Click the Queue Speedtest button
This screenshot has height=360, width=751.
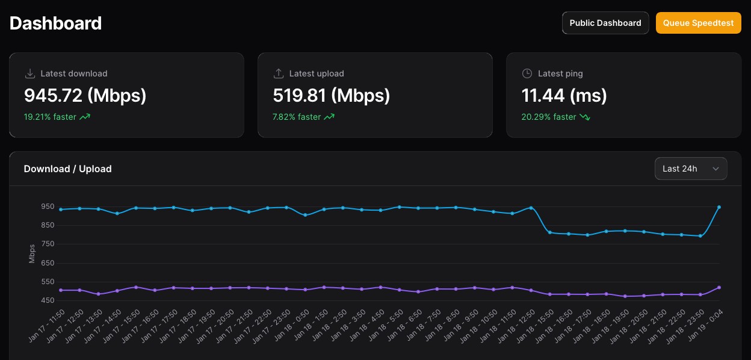click(x=698, y=23)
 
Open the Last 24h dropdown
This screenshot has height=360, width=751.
click(x=690, y=169)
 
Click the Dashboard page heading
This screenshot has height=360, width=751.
click(x=56, y=23)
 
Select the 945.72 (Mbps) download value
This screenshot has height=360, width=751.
click(x=85, y=95)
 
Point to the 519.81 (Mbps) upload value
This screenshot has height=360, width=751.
click(x=332, y=95)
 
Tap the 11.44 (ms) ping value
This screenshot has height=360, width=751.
click(x=564, y=95)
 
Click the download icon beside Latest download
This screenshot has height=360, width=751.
click(x=30, y=73)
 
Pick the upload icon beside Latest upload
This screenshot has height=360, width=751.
click(x=279, y=73)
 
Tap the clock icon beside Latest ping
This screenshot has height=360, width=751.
click(x=527, y=73)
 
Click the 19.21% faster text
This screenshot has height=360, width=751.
click(x=50, y=117)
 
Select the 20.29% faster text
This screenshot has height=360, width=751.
click(x=549, y=117)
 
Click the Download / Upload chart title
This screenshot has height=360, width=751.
click(x=67, y=169)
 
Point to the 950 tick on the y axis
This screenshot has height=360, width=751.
click(x=48, y=206)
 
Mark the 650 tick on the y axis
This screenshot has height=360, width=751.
click(x=48, y=263)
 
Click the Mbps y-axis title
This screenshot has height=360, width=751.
click(x=32, y=253)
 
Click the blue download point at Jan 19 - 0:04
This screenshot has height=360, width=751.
click(x=719, y=207)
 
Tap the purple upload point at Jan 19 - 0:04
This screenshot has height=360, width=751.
click(x=719, y=288)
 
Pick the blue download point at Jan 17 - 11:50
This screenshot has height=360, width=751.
click(x=61, y=209)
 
